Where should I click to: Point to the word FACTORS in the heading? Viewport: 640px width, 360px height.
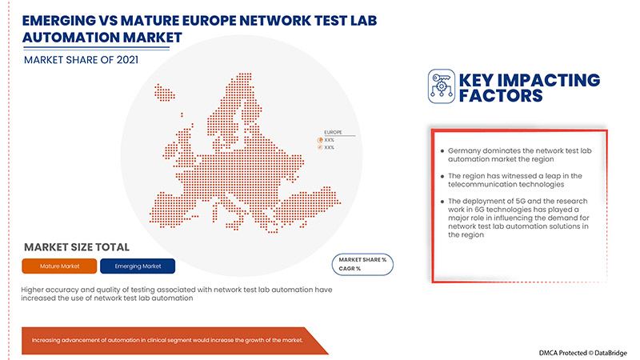(502, 97)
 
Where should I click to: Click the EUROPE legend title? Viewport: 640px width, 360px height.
(333, 130)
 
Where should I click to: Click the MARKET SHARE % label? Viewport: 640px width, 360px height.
(362, 260)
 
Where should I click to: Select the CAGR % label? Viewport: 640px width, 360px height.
(350, 269)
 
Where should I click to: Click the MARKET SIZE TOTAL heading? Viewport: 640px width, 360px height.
(77, 247)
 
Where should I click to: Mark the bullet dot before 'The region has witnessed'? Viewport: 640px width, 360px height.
(442, 175)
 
